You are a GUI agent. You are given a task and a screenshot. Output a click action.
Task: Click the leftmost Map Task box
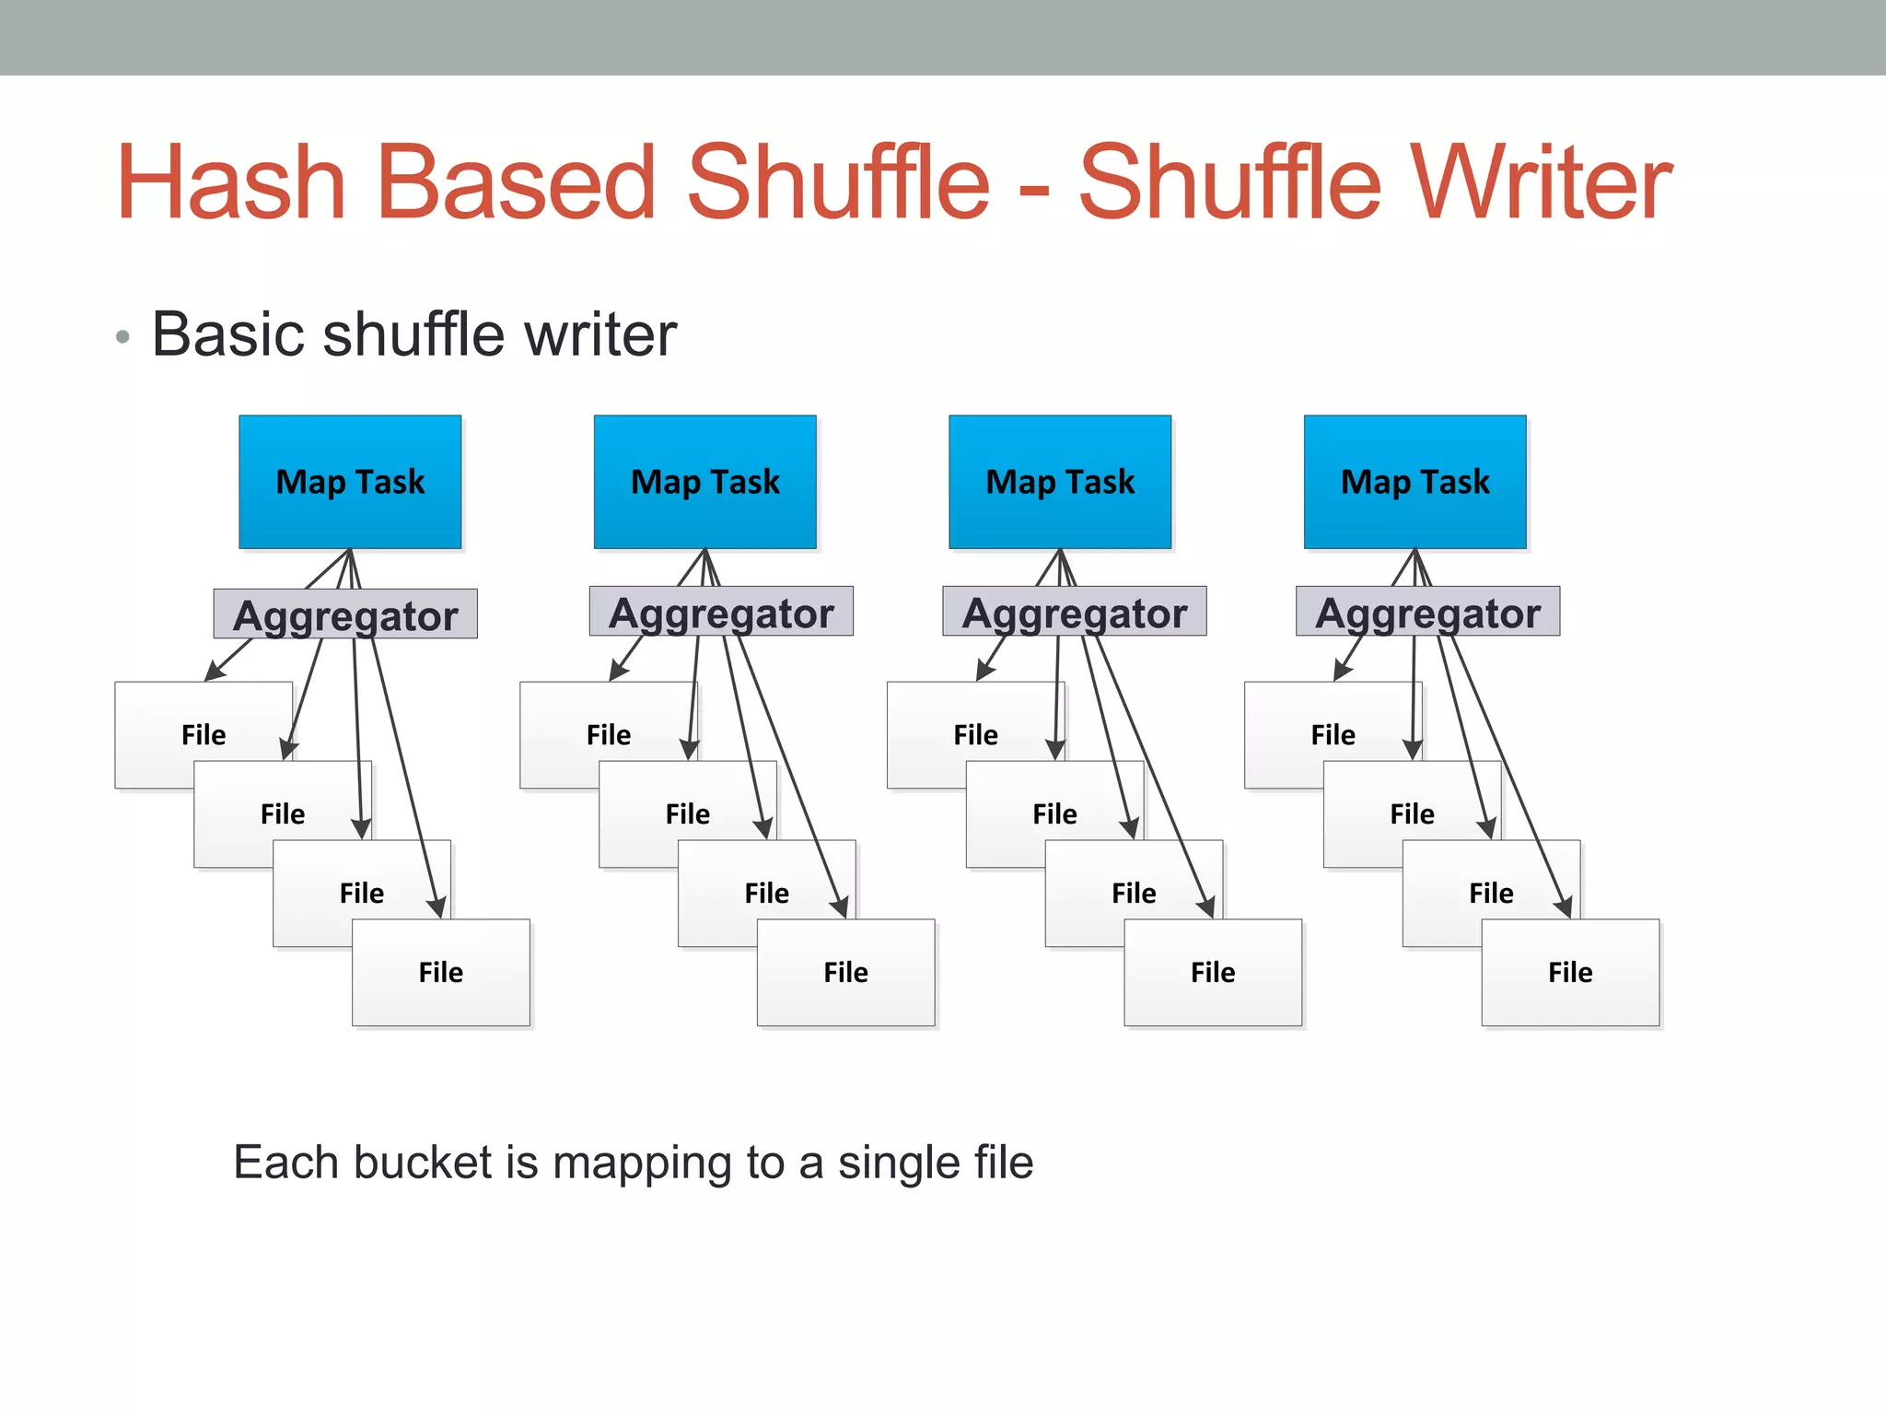(x=350, y=481)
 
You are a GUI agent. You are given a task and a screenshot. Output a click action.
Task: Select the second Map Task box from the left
(x=704, y=481)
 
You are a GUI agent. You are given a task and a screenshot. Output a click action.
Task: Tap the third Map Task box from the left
(x=1060, y=481)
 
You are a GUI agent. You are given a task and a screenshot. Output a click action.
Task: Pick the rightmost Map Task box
(x=1414, y=481)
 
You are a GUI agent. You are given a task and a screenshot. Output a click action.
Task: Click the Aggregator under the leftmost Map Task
(x=345, y=614)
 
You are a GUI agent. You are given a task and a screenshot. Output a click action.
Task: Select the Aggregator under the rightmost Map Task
(x=1427, y=612)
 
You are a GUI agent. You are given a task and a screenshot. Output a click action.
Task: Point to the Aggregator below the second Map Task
(x=721, y=612)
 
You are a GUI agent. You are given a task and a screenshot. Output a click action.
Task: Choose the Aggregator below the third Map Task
(x=1074, y=612)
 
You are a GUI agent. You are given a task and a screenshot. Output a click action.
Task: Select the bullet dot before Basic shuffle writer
(x=122, y=337)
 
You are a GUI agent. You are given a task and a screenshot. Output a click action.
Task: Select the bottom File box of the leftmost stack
(x=441, y=972)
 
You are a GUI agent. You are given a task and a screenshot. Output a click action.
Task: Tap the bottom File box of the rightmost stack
(x=1570, y=972)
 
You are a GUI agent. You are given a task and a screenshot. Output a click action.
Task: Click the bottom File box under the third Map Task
(x=1213, y=972)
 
